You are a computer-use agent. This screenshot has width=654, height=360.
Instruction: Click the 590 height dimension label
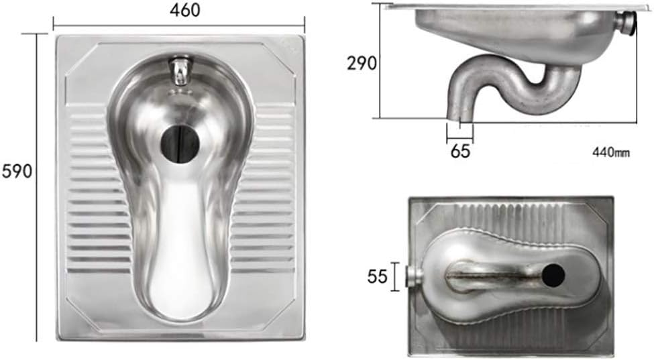coord(17,171)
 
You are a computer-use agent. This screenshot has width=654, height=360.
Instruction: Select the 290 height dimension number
coord(362,63)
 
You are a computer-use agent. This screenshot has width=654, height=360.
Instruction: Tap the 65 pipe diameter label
coord(460,151)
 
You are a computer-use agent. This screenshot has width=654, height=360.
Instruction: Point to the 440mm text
coord(610,152)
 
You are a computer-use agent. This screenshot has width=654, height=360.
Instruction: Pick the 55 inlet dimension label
coord(378,276)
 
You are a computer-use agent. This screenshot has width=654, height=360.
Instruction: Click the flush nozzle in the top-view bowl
coord(179,71)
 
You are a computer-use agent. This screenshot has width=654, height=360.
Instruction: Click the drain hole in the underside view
coord(553,274)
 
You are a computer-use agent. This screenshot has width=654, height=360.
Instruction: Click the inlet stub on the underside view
coord(415,276)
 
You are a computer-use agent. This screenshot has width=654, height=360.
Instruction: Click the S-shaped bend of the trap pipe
coord(530,80)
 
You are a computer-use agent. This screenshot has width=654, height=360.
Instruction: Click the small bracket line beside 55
coord(396,276)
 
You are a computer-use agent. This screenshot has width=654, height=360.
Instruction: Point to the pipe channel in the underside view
coord(490,275)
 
